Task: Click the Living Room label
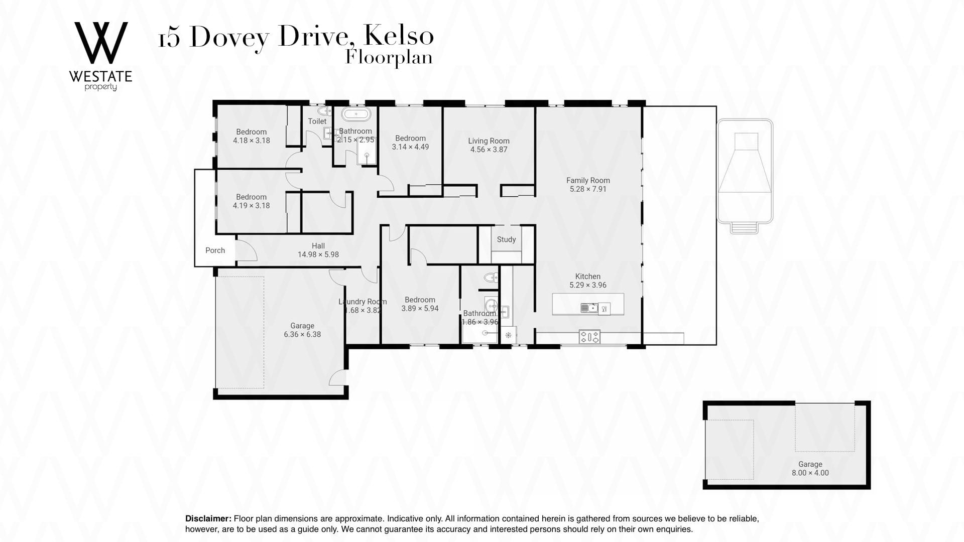(489, 141)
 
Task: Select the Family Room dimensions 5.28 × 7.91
(588, 189)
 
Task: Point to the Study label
(506, 239)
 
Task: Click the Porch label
(215, 250)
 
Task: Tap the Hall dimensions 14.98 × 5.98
(318, 254)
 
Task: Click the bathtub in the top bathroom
(357, 113)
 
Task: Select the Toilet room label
(317, 121)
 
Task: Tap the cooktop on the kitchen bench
(589, 336)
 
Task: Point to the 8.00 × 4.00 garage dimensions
(810, 473)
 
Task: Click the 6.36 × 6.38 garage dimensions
(302, 334)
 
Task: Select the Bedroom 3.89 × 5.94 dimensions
(420, 309)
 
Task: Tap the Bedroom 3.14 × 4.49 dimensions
(410, 147)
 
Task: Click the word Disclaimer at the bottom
(208, 518)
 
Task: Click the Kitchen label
(588, 277)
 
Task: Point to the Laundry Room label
(363, 302)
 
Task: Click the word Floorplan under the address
(389, 58)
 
